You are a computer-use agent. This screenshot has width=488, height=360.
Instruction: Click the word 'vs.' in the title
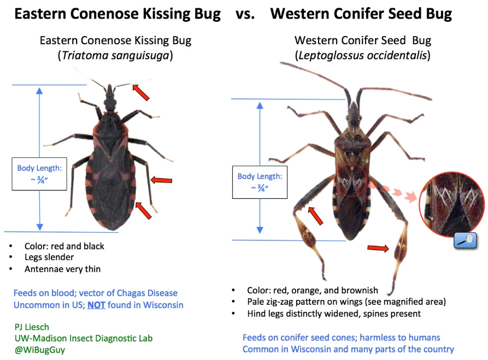(x=245, y=14)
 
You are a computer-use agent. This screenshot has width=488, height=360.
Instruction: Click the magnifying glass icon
(x=465, y=241)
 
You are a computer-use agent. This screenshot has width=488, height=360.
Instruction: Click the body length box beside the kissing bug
(x=39, y=174)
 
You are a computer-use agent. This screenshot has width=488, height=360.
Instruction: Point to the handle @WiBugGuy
(x=40, y=350)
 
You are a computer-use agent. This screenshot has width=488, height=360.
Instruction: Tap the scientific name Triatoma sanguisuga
(x=115, y=55)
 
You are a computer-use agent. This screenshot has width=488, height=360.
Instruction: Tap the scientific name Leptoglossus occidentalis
(x=363, y=55)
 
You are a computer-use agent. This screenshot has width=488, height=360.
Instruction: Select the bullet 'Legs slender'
(x=49, y=257)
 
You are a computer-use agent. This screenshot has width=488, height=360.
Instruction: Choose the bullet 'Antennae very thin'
(x=63, y=269)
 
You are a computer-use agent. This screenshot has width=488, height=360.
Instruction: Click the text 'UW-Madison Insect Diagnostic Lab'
(x=84, y=338)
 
